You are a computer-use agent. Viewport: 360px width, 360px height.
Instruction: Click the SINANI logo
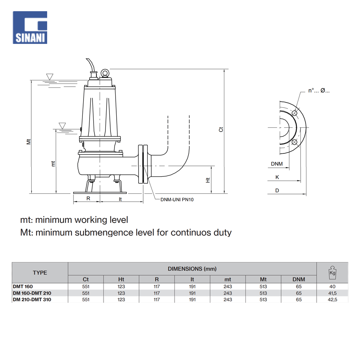[x=30, y=27]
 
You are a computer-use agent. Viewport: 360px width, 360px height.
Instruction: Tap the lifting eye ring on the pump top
[x=105, y=73]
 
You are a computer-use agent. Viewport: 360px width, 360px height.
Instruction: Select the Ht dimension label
[x=208, y=179]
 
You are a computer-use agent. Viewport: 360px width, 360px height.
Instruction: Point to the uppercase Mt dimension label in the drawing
[x=29, y=141]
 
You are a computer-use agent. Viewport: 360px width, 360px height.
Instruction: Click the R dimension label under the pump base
[x=88, y=198]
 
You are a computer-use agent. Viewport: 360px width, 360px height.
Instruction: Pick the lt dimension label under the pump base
[x=121, y=198]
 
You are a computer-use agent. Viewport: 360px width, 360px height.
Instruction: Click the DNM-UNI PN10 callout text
[x=177, y=199]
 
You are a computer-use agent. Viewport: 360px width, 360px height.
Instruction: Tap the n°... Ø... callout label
[x=319, y=91]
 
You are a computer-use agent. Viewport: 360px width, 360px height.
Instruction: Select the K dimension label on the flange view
[x=277, y=177]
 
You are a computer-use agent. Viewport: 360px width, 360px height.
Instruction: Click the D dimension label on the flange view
[x=277, y=190]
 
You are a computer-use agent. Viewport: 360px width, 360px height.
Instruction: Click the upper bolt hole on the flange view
[x=295, y=113]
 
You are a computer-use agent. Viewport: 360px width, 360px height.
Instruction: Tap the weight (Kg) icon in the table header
[x=332, y=273]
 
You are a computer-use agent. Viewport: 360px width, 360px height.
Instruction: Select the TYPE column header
[x=40, y=273]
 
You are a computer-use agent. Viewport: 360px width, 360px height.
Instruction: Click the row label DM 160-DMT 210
[x=32, y=293]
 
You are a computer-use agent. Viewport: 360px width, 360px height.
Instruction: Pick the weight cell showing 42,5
[x=332, y=300]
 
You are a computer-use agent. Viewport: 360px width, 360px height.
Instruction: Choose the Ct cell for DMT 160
[x=86, y=287]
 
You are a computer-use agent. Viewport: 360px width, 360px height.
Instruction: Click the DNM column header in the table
[x=298, y=279]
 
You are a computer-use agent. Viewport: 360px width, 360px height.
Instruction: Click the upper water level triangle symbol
[x=50, y=76]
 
